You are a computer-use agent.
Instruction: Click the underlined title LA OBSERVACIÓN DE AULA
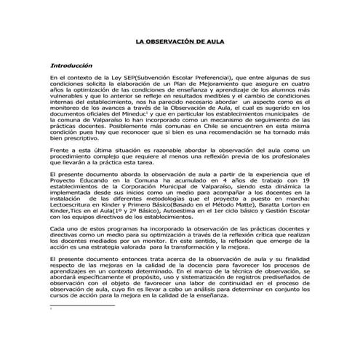click(180, 42)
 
